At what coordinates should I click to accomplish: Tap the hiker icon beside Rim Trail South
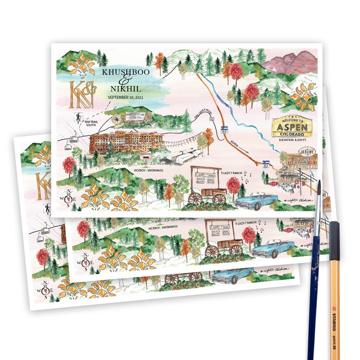(x=78, y=117)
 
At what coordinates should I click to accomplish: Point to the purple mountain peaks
(x=290, y=63)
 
